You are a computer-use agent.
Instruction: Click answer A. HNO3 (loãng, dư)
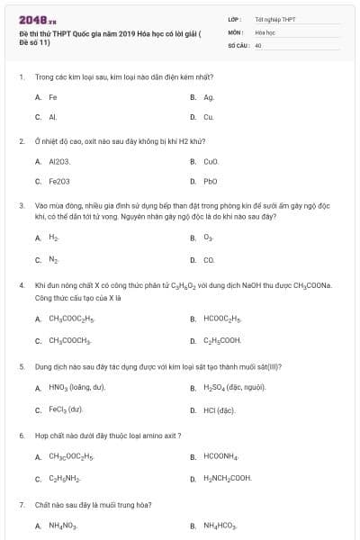click(x=76, y=387)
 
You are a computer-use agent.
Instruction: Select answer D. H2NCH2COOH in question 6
click(x=227, y=478)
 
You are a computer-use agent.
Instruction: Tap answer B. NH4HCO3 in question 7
click(x=220, y=525)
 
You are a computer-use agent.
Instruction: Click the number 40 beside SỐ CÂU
click(x=258, y=44)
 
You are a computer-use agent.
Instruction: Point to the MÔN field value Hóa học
click(x=265, y=31)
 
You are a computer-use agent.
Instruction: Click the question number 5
click(x=21, y=366)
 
